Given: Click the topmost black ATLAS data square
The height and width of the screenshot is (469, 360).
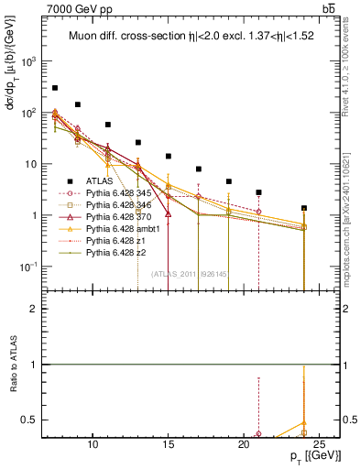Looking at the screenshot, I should click(x=55, y=88).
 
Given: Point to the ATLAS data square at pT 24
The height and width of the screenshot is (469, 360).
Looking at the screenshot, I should click(x=303, y=208).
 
